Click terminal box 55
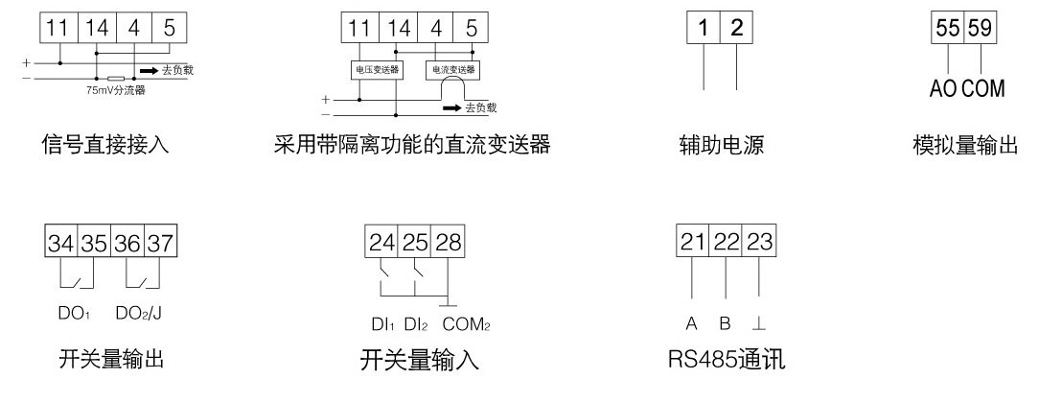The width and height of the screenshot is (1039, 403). tap(949, 27)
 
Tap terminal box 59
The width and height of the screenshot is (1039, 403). tap(981, 27)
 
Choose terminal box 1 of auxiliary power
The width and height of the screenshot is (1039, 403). tap(704, 28)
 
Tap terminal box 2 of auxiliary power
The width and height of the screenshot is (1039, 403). tap(736, 28)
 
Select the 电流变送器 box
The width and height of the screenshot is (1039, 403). tap(454, 71)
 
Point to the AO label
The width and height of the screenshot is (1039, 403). tap(944, 89)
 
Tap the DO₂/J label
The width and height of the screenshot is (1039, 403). tap(144, 314)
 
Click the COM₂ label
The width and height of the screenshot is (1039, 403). tap(467, 324)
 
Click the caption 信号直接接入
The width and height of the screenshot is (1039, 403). tap(105, 146)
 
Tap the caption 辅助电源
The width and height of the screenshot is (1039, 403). tap(721, 146)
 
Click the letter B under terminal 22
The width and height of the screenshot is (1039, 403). tap(726, 323)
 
